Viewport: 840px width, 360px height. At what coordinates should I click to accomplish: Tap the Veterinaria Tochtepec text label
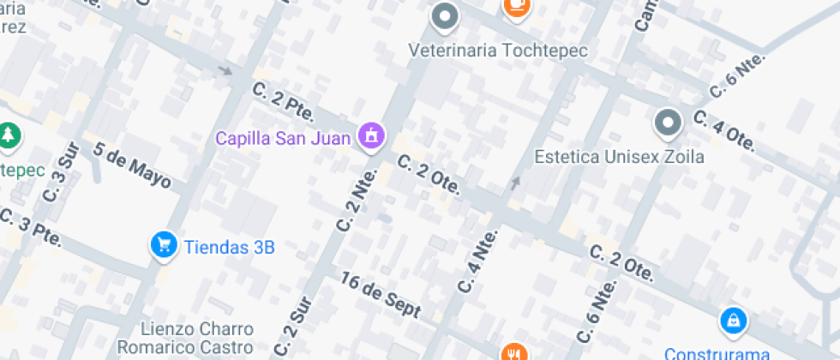click(498, 51)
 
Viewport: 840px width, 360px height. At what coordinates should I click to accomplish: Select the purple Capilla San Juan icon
click(372, 135)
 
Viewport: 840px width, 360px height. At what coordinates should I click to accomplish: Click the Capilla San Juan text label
click(282, 138)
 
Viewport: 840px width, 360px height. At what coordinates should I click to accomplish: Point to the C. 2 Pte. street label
click(284, 101)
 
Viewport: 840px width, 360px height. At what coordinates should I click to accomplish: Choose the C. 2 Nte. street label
click(357, 199)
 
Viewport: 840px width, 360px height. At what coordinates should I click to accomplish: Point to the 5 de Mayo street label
click(132, 166)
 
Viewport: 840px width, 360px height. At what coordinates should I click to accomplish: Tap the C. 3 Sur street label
click(67, 161)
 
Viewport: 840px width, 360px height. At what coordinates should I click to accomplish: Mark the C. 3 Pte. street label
click(31, 228)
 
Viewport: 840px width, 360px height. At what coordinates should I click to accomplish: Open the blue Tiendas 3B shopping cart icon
click(162, 246)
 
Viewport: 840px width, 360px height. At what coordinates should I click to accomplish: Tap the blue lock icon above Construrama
click(733, 321)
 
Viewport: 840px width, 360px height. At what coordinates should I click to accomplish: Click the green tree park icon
click(9, 135)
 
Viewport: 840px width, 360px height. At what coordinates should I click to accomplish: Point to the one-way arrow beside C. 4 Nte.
click(515, 182)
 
